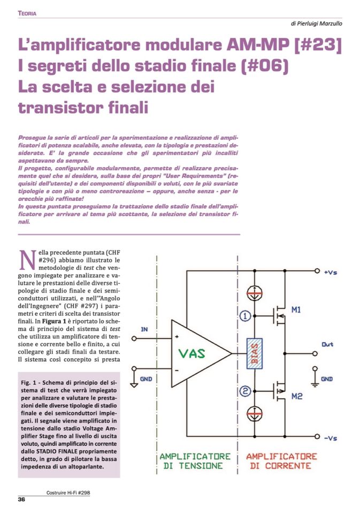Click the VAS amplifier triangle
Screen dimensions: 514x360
point(195,354)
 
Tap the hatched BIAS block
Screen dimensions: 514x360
point(255,354)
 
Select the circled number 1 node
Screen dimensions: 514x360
point(245,316)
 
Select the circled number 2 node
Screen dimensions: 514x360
point(245,391)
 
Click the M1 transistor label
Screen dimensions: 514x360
point(297,310)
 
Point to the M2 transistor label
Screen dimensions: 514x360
point(297,397)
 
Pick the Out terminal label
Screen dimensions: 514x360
point(327,344)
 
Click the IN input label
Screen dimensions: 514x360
point(144,329)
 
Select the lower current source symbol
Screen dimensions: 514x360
point(255,414)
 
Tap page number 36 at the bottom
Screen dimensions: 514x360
point(22,500)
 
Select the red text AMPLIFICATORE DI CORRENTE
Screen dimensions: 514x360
point(281,461)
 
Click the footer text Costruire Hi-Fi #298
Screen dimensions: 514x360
point(67,492)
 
